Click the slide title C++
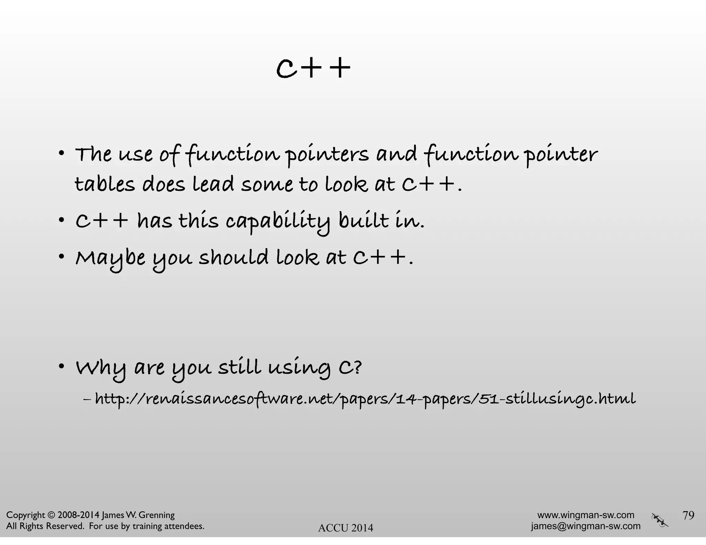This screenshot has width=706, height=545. tap(313, 68)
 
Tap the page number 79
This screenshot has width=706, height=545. tap(688, 515)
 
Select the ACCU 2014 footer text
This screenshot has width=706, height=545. tap(345, 528)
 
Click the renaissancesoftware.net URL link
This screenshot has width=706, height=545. tap(365, 399)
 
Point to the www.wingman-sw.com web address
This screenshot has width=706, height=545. tap(586, 515)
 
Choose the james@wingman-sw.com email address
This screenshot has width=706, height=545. tap(586, 526)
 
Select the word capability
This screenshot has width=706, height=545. tap(278, 222)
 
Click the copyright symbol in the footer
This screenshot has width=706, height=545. tap(51, 515)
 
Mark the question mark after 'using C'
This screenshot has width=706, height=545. tap(358, 367)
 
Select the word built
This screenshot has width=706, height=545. tap(363, 221)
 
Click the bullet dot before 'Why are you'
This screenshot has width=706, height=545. tap(61, 366)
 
